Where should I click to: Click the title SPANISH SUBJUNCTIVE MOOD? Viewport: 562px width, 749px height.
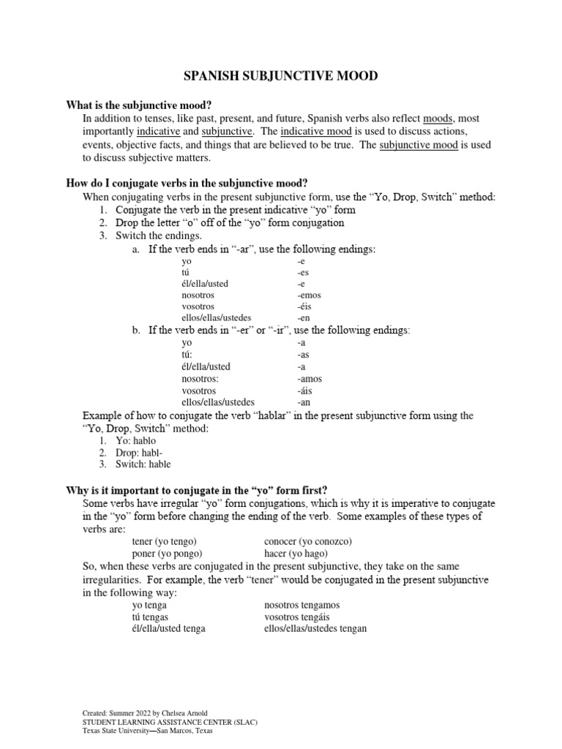pyautogui.click(x=281, y=76)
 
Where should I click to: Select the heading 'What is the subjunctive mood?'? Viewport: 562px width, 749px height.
pyautogui.click(x=143, y=105)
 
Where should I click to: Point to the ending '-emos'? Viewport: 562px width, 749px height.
pyautogui.click(x=310, y=296)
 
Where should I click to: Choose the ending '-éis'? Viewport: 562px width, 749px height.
pyautogui.click(x=306, y=307)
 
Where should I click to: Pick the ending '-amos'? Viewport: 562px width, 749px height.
pyautogui.click(x=310, y=379)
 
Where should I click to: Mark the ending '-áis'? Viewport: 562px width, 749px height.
pyautogui.click(x=306, y=391)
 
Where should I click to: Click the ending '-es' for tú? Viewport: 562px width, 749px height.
pyautogui.click(x=303, y=272)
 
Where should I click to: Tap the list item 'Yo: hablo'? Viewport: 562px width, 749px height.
pyautogui.click(x=135, y=441)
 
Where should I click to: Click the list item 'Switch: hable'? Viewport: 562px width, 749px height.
pyautogui.click(x=143, y=464)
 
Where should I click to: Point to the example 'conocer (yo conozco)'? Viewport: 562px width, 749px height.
pyautogui.click(x=308, y=541)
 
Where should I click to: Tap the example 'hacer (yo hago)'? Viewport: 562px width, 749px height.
pyautogui.click(x=296, y=554)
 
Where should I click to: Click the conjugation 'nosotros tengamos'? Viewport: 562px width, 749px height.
pyautogui.click(x=301, y=606)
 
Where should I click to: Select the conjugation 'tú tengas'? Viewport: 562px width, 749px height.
pyautogui.click(x=150, y=617)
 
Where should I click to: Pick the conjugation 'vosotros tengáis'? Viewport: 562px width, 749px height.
pyautogui.click(x=299, y=617)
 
